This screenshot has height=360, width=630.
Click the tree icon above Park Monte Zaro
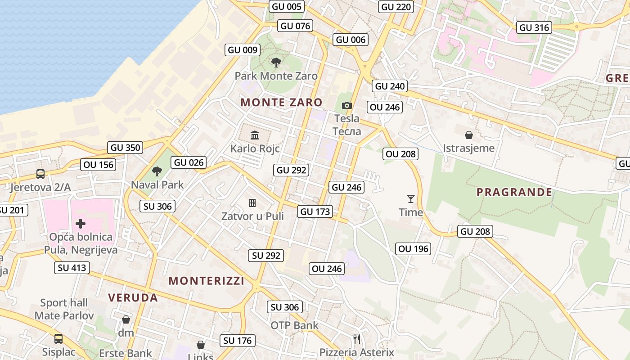276,63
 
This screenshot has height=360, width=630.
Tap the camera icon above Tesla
346,105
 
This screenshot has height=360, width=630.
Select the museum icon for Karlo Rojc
255,135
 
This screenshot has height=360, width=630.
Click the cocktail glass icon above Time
410,198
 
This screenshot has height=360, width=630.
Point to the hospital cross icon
81,223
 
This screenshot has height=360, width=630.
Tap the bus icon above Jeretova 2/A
40,174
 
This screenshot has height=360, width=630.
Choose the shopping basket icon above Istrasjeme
468,135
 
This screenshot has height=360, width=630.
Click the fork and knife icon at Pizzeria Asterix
356,338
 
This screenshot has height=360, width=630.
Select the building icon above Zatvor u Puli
252,203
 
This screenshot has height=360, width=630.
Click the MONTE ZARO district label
281,102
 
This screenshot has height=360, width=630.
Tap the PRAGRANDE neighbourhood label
514,192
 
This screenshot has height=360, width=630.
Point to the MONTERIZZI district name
207,281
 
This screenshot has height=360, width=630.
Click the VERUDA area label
133,297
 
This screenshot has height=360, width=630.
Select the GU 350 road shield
126,147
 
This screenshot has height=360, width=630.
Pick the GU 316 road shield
534,27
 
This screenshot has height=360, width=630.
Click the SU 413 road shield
72,268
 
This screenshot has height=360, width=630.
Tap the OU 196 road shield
414,248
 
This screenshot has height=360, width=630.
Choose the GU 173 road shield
315,211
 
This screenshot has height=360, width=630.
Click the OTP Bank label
294,325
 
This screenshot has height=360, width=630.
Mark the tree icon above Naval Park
157,171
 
